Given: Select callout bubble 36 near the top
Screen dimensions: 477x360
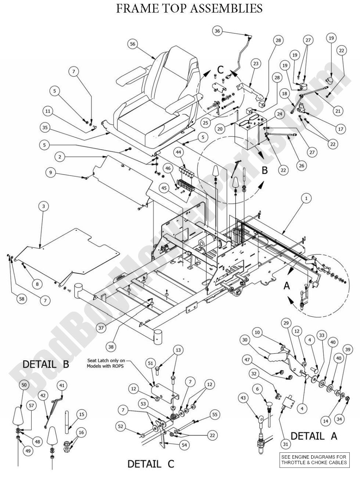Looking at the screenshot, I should [x=217, y=31].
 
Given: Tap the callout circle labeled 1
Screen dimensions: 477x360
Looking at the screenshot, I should [x=306, y=198].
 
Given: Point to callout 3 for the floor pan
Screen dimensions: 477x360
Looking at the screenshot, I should [x=43, y=207].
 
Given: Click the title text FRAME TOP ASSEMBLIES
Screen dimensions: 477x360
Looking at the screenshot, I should [x=189, y=8].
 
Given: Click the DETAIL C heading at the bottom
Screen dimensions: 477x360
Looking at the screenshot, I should [x=151, y=464].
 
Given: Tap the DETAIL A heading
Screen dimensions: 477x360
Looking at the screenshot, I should [x=314, y=436].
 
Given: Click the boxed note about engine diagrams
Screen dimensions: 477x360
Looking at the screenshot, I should [x=314, y=460].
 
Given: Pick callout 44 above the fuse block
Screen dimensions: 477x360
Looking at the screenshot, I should [x=168, y=152].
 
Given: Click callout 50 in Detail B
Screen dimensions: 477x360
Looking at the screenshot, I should [x=24, y=385].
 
